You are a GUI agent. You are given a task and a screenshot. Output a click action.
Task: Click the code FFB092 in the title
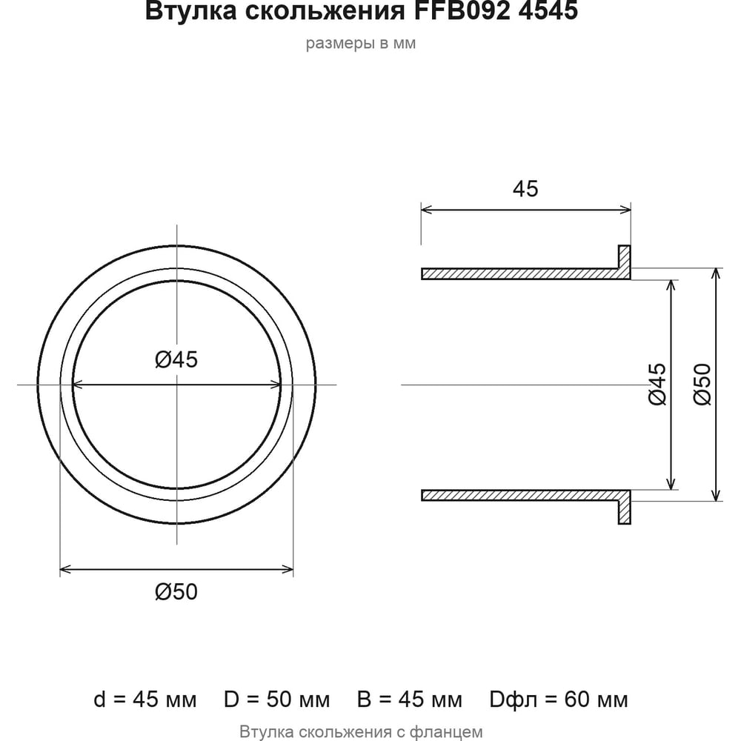click(x=462, y=10)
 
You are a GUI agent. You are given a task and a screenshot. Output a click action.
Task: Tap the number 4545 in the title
click(x=548, y=10)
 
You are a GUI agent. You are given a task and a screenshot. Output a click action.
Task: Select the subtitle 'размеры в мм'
click(x=361, y=44)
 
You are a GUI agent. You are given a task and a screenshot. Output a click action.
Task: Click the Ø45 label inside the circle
click(x=176, y=359)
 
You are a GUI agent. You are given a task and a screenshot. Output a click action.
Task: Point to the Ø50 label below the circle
click(x=176, y=591)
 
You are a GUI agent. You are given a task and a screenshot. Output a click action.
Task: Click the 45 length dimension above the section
click(x=525, y=189)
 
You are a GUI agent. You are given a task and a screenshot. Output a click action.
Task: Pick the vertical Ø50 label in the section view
click(x=702, y=384)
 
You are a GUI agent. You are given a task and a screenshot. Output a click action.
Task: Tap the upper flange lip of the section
click(x=624, y=257)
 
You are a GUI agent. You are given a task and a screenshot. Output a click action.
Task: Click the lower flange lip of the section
click(x=624, y=512)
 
